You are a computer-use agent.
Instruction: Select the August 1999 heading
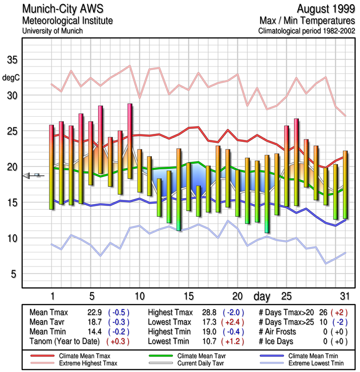pyautogui.click(x=324, y=9)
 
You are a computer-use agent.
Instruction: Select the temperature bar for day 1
pyautogui.click(x=52, y=167)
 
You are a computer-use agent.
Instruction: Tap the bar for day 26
pyautogui.click(x=296, y=162)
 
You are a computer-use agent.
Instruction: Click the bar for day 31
pyautogui.click(x=345, y=185)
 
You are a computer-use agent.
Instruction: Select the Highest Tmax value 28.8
pyautogui.click(x=209, y=312)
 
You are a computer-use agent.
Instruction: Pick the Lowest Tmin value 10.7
pyautogui.click(x=209, y=340)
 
